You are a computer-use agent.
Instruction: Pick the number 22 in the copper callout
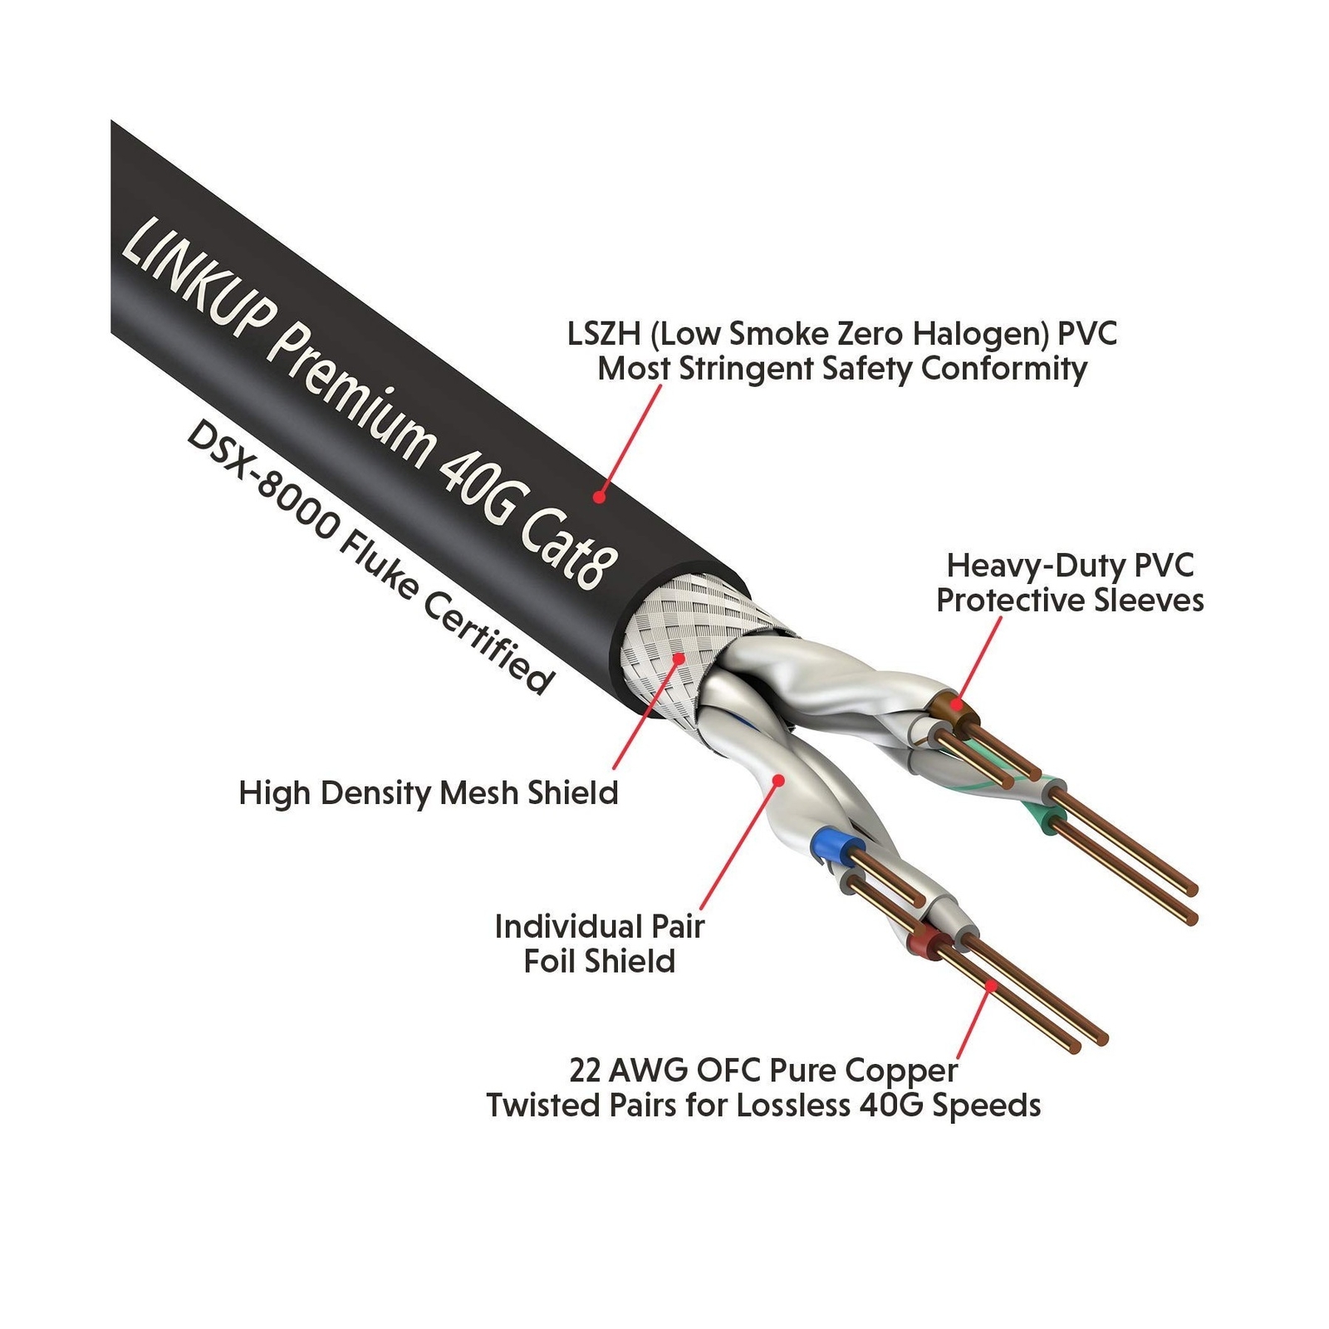tap(585, 1071)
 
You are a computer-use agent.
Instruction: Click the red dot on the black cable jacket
tap(599, 496)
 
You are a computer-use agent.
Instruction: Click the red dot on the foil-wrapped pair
tap(778, 779)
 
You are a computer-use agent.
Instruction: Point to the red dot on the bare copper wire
tap(991, 986)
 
